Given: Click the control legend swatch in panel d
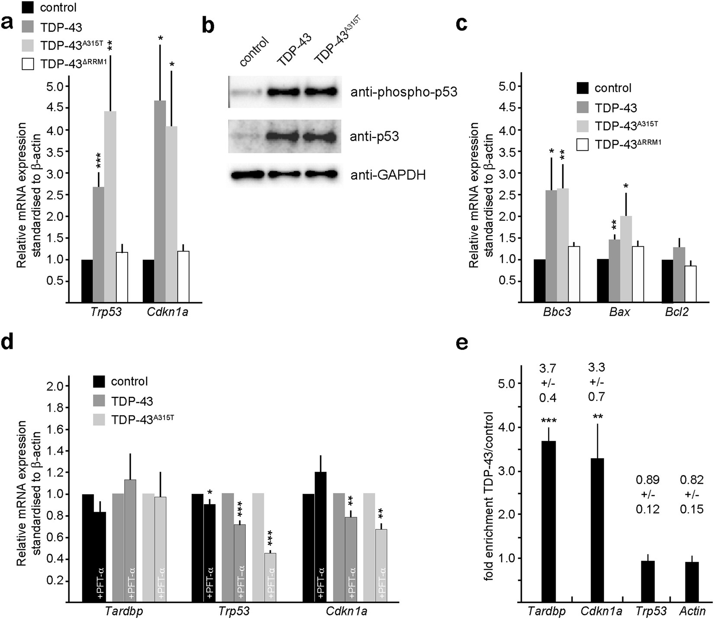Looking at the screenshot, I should (99, 381).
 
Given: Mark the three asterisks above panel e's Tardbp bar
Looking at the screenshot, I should (548, 421).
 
